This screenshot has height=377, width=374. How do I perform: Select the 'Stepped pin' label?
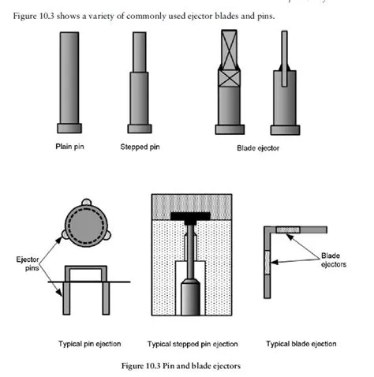coord(140,147)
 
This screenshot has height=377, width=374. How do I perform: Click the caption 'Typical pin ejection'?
coord(91,344)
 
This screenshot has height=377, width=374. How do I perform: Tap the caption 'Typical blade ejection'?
coord(301,344)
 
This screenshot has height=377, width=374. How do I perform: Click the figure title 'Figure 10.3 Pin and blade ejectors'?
coord(186,367)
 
